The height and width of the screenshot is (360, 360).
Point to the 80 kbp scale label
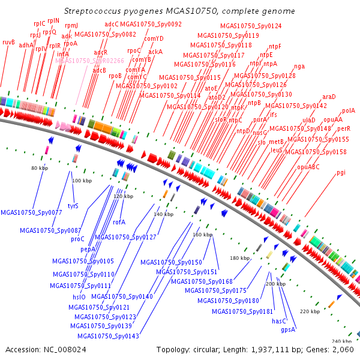click(39, 168)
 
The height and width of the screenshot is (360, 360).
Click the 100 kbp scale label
click(80, 181)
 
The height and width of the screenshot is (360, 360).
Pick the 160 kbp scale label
click(202, 235)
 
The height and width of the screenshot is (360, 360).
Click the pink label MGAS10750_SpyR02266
click(90, 61)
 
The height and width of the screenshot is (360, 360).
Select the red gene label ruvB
click(8, 42)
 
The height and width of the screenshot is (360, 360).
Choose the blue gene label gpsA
click(289, 329)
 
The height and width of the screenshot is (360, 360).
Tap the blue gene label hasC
click(280, 321)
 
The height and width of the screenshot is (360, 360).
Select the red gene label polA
click(349, 110)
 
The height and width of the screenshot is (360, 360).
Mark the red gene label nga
click(299, 66)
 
